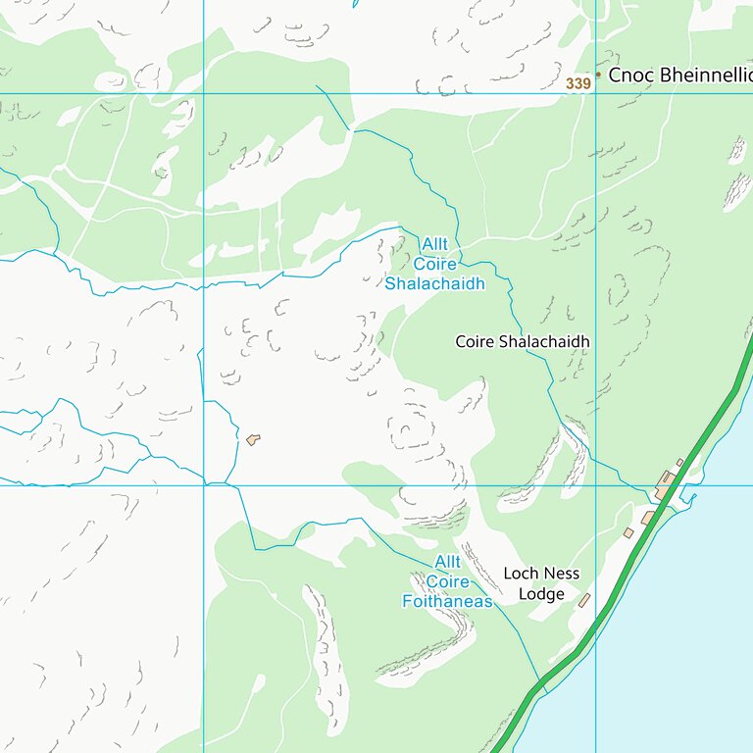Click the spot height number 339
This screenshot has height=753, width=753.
(x=577, y=84)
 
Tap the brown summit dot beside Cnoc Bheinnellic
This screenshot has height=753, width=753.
(x=598, y=74)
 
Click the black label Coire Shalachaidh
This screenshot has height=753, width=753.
(x=523, y=341)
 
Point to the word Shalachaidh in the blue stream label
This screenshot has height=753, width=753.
(x=435, y=284)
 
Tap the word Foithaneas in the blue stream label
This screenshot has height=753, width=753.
(x=447, y=601)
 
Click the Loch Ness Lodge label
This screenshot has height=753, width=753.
(x=541, y=583)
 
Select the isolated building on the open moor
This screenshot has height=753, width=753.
(x=254, y=439)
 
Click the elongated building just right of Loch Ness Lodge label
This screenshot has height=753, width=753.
(x=584, y=599)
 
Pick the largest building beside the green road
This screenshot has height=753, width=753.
(x=666, y=482)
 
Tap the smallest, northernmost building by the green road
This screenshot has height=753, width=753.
(x=679, y=463)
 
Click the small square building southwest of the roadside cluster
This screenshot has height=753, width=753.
(x=628, y=532)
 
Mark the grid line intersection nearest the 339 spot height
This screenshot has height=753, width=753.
(x=595, y=94)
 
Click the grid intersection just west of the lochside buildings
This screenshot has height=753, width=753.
(x=595, y=485)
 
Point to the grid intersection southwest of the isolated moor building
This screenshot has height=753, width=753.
(x=203, y=485)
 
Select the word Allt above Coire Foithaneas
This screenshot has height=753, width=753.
(x=447, y=562)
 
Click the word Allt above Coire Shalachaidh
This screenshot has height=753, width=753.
(x=434, y=243)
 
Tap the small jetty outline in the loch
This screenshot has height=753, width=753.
(x=692, y=500)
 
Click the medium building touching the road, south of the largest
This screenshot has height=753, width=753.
(x=648, y=517)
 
